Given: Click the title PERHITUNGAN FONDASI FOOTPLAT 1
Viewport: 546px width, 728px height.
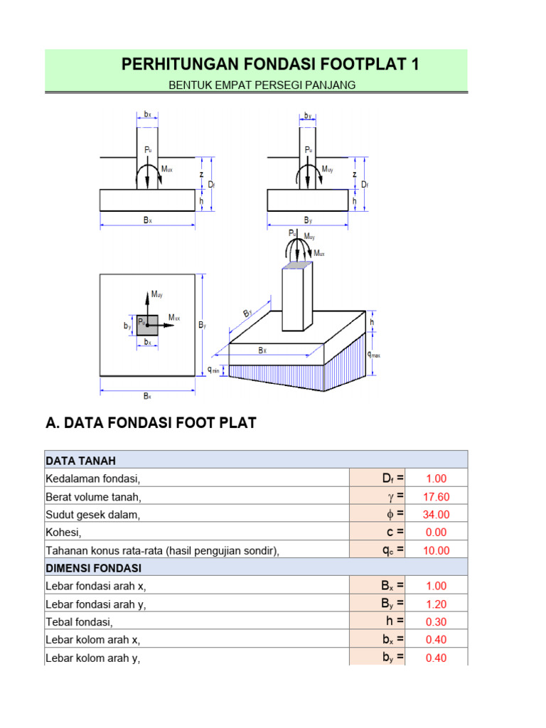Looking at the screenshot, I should coord(270,65).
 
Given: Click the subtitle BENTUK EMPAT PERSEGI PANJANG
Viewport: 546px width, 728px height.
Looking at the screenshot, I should coord(262,85).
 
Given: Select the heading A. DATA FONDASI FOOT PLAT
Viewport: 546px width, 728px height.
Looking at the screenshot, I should coord(151,424).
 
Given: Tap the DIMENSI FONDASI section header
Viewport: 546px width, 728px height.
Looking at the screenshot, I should coord(93,568).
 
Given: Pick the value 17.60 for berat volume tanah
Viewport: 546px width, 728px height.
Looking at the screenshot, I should coord(436,497).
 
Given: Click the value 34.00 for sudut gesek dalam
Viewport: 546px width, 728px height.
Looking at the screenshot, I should coord(436,515).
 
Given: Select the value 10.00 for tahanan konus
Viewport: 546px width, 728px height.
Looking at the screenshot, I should coord(436,550).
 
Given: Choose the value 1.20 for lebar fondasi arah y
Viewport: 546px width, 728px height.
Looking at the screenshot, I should coord(436,604).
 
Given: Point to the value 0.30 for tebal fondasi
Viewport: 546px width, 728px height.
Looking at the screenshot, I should coord(436,622).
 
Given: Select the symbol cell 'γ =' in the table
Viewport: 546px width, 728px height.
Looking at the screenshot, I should coord(395,497).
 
